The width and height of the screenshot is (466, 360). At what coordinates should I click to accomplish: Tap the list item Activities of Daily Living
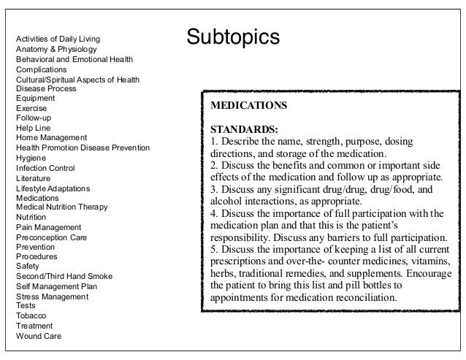58,38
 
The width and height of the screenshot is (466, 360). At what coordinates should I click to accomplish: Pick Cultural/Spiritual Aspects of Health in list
77,80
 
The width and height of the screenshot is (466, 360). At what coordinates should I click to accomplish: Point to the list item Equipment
36,98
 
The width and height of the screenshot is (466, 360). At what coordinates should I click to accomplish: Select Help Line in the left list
34,128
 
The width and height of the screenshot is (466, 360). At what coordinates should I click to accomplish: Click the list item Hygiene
31,157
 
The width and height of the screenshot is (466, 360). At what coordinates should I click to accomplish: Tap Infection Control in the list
46,167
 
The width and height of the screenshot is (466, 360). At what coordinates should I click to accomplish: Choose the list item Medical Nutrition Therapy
62,207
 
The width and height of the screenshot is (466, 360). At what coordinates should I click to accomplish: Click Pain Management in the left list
48,227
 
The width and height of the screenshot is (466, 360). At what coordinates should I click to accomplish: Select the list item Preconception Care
50,237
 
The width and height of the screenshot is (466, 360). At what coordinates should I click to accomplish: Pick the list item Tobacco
31,316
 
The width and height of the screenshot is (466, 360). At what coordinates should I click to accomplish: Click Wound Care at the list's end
39,336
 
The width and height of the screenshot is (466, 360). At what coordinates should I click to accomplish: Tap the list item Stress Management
52,296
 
